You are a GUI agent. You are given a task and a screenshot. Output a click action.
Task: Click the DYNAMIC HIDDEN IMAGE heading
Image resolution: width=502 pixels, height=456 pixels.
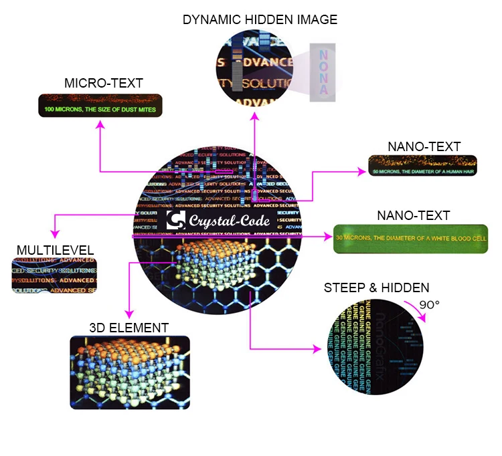pos(260,19)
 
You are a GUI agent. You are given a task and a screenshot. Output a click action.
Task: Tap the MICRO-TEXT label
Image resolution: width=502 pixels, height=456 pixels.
pos(104,83)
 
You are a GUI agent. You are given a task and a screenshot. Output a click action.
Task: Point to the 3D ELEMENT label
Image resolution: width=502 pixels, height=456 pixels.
pos(129,327)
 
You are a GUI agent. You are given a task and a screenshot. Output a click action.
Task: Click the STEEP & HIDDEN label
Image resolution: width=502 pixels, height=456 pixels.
pos(376,288)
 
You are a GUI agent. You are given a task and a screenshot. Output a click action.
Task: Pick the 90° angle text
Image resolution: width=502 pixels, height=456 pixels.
pos(429,305)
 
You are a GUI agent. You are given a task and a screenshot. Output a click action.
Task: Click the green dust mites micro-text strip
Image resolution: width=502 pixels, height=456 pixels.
pos(100,107)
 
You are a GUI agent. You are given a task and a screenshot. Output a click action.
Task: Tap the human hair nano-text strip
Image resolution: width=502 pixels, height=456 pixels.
pos(422,166)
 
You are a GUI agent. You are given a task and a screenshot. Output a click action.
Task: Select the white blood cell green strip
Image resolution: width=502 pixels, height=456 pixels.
pos(411,238)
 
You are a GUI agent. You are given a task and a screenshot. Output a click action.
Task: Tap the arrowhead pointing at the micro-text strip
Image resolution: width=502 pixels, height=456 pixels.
pos(100,124)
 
